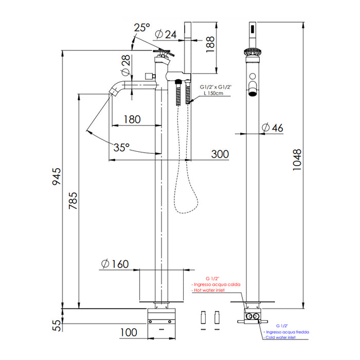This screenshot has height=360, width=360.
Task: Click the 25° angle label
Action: coord(141,26)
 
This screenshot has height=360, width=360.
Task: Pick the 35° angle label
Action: coord(121,148)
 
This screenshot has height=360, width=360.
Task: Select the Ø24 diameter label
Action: coord(165,34)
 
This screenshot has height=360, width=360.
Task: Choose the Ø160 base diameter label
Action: coord(115,264)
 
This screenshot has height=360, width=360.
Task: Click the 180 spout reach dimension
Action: coord(132,119)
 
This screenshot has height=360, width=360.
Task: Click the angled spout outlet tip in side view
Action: coord(112,92)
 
